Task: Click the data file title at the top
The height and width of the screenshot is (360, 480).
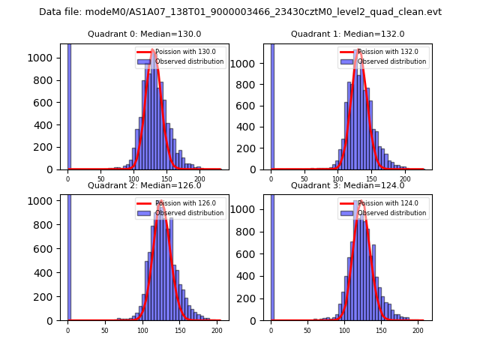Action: tap(240, 12)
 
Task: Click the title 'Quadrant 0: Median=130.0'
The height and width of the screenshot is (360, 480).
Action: tap(144, 34)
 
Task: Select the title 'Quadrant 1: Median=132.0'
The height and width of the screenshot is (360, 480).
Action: tap(347, 34)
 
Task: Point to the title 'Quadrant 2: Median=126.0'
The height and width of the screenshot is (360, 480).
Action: tap(144, 185)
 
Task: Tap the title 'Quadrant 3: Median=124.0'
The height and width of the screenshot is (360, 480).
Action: tap(347, 185)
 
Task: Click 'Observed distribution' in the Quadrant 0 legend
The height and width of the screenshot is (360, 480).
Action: tap(189, 61)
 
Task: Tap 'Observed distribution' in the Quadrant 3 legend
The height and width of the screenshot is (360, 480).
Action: tap(392, 213)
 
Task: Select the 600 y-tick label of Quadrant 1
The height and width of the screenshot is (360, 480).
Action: tap(250, 106)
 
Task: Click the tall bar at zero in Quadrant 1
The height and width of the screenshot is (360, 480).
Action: tap(271, 105)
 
